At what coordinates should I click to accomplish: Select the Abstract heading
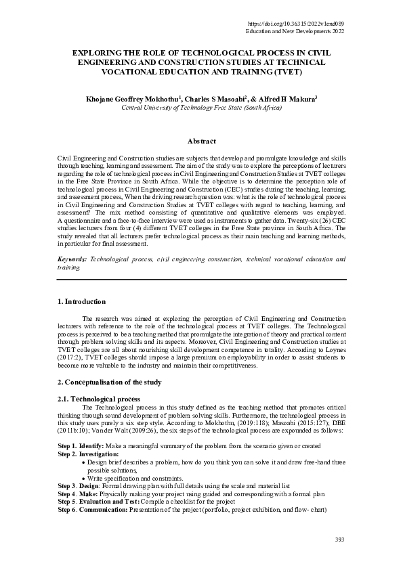tap(201, 141)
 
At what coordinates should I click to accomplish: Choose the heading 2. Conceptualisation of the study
tap(109, 382)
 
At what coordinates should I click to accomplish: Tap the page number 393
tap(340, 539)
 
